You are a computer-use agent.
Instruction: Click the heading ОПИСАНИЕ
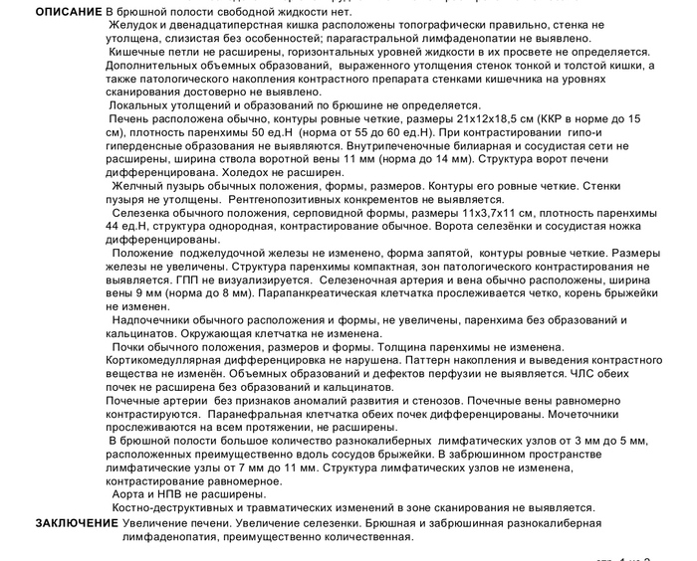click(x=67, y=11)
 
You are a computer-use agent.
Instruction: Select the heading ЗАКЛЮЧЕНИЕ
click(x=77, y=523)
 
